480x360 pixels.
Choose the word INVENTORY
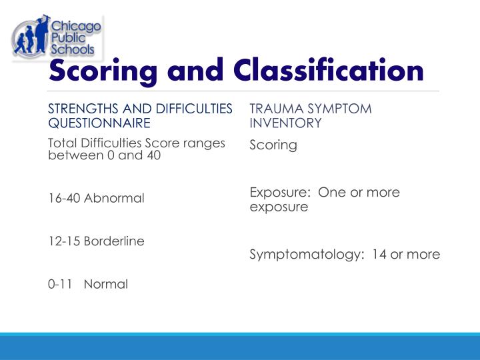(x=285, y=123)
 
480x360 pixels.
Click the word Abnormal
(x=114, y=199)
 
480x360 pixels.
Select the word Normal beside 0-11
(x=106, y=284)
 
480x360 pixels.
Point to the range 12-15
(x=64, y=241)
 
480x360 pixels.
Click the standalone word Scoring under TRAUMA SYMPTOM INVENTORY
(x=273, y=145)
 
